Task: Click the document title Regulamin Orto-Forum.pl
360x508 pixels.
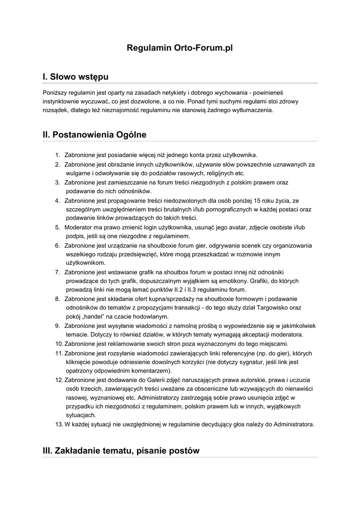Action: [x=180, y=48]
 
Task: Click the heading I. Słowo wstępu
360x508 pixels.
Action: [x=75, y=77]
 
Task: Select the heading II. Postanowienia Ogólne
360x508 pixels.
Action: [x=94, y=134]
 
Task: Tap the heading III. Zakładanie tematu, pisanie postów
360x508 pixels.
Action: [x=121, y=451]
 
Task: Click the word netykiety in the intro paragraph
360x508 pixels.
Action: [x=182, y=92]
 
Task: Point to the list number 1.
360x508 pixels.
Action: [x=58, y=155]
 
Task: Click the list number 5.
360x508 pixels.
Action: [x=58, y=227]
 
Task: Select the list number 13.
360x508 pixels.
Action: [x=58, y=424]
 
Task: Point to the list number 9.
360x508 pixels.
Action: [x=58, y=325]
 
